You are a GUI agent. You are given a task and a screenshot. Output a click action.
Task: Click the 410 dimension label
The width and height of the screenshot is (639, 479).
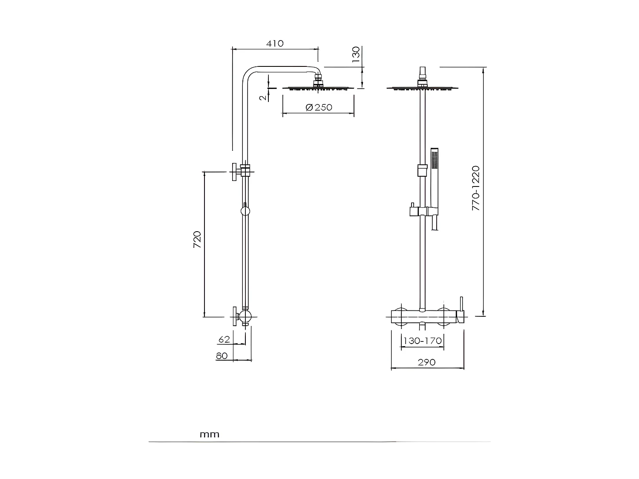275,43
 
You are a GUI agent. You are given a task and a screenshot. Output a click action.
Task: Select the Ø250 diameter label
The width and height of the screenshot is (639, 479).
319,107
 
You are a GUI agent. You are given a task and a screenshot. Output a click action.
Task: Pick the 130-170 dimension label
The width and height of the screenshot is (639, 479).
422,341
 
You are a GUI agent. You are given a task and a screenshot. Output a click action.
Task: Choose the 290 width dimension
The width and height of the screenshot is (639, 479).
426,362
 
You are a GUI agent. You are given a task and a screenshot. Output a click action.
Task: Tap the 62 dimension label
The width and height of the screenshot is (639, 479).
224,339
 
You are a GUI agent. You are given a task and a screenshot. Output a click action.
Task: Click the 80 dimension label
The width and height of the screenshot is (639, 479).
222,356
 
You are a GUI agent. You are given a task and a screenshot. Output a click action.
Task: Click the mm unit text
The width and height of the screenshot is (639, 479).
210,434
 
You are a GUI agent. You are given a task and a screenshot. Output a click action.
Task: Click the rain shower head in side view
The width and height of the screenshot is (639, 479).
318,87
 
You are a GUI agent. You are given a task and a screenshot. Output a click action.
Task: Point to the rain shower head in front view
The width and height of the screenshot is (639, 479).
423,88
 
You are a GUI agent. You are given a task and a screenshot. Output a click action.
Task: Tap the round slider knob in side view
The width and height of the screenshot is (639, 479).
245,211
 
